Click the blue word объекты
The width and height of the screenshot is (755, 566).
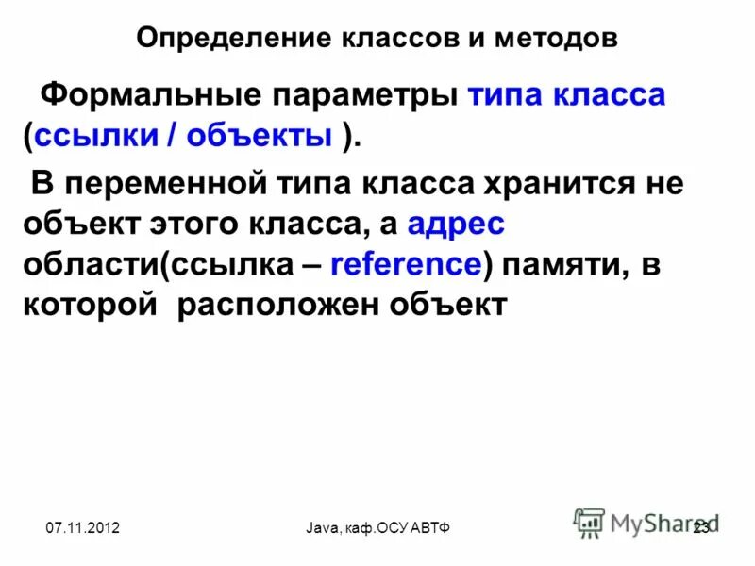[260, 137]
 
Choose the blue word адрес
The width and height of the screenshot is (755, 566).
[457, 224]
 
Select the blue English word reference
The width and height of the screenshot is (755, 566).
[406, 265]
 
